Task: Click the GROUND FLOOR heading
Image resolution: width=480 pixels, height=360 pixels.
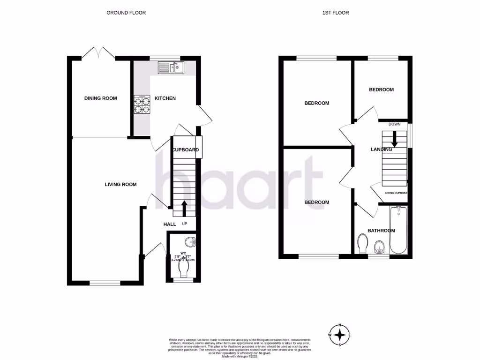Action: click(x=126, y=13)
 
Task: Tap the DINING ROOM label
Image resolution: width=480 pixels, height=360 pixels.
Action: click(x=100, y=98)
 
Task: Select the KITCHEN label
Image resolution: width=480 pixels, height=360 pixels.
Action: click(x=165, y=98)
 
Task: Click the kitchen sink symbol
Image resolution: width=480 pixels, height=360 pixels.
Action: click(x=172, y=68)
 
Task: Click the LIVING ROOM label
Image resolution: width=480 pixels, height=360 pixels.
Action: click(x=120, y=185)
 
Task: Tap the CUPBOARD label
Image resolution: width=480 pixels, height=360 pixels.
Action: click(x=186, y=150)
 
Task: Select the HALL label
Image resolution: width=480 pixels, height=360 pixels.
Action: click(x=170, y=225)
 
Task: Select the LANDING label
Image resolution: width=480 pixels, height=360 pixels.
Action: click(x=381, y=150)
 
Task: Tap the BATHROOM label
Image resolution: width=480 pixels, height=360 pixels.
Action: click(x=381, y=231)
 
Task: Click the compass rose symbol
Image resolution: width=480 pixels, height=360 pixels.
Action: click(x=339, y=335)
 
